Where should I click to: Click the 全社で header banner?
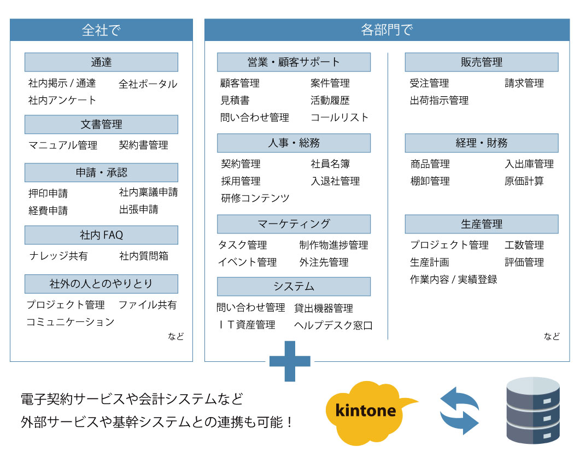[x=101, y=30]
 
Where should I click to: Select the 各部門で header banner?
[x=387, y=30]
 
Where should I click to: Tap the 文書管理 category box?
[x=101, y=124]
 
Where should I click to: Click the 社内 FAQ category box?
[x=101, y=235]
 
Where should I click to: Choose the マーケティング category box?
[x=294, y=224]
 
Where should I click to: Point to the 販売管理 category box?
[x=482, y=62]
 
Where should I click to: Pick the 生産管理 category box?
[x=482, y=224]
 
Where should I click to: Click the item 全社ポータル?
[x=148, y=84]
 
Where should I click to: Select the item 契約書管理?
[x=144, y=145]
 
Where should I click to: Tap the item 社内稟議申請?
[x=148, y=192]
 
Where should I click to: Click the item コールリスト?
[x=339, y=118]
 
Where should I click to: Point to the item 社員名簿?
[x=330, y=163]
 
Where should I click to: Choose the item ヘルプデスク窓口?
[x=333, y=325]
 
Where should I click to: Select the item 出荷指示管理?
[x=439, y=100]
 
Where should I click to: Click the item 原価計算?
[x=524, y=181]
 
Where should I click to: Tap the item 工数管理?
[x=524, y=245]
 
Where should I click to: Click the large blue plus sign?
[x=290, y=361]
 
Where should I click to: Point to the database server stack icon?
[x=533, y=410]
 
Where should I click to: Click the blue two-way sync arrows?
[x=459, y=411]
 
